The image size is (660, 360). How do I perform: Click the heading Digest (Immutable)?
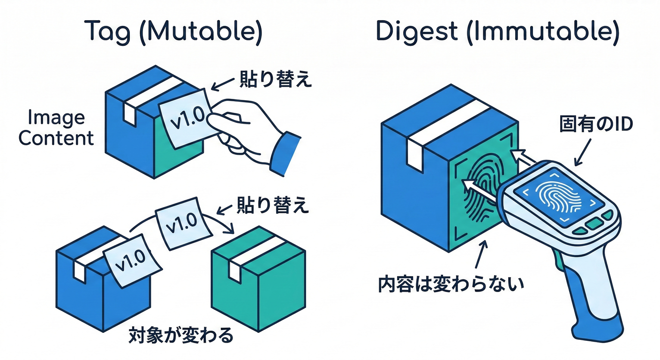point(497,31)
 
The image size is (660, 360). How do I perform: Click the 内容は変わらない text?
point(450,284)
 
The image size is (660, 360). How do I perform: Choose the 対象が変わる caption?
point(180,335)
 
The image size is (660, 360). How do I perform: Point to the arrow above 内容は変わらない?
point(480,255)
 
